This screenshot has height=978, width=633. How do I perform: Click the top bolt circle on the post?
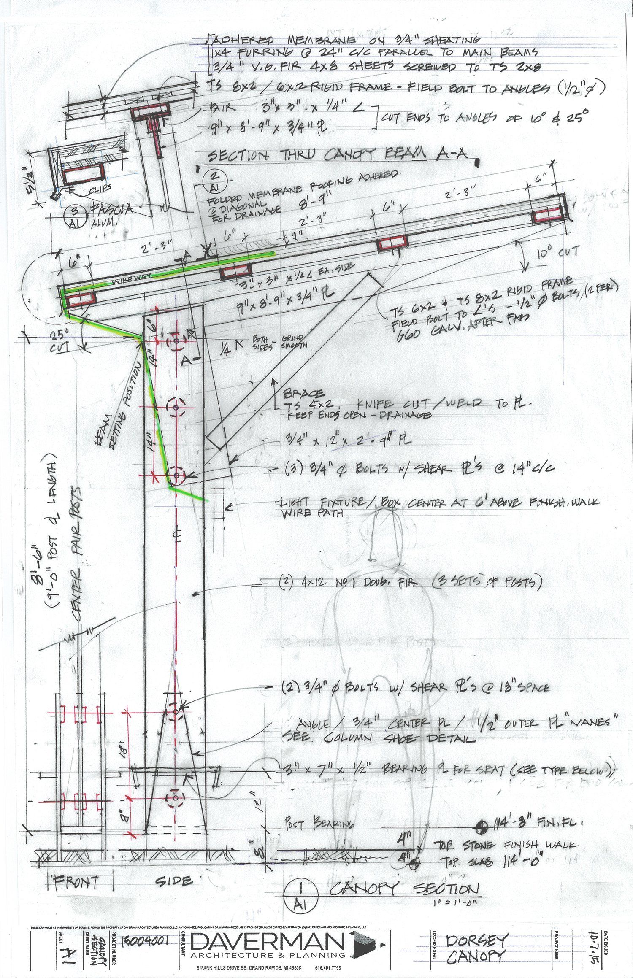click(x=176, y=340)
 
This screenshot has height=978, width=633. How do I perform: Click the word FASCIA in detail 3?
click(x=109, y=208)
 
